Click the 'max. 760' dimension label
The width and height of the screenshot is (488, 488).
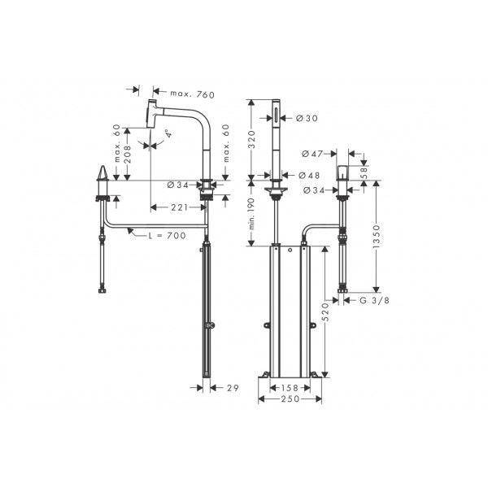click(x=192, y=94)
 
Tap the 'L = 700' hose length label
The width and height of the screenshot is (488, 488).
click(x=167, y=235)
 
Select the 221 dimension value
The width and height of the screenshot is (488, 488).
click(x=179, y=207)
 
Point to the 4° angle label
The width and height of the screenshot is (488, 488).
click(x=168, y=133)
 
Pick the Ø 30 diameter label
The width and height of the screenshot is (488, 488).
click(x=307, y=118)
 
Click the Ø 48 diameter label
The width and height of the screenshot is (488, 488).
click(x=309, y=175)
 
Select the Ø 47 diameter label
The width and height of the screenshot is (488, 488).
click(x=312, y=154)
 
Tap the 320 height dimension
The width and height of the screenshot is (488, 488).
click(x=251, y=139)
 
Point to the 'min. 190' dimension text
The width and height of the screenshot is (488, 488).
click(x=251, y=214)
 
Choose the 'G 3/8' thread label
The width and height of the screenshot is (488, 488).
click(x=374, y=300)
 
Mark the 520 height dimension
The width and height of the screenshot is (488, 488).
click(x=325, y=312)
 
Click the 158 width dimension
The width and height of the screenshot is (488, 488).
click(x=290, y=388)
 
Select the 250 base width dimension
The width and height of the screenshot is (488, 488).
click(x=290, y=399)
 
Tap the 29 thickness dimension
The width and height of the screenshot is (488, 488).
click(x=233, y=388)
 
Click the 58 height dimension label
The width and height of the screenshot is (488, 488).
click(x=364, y=172)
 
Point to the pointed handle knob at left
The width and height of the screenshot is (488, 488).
click(x=102, y=173)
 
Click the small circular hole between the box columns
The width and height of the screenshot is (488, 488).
click(x=290, y=250)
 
